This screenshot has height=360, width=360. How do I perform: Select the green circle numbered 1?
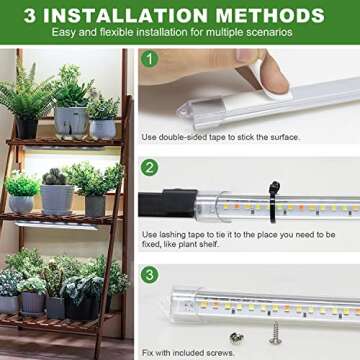click(x=150, y=59)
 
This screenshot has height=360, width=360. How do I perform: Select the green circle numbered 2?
click(x=150, y=167)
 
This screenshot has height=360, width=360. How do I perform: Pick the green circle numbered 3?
click(x=150, y=273)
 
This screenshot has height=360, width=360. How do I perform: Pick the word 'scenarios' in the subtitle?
click(x=271, y=32)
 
